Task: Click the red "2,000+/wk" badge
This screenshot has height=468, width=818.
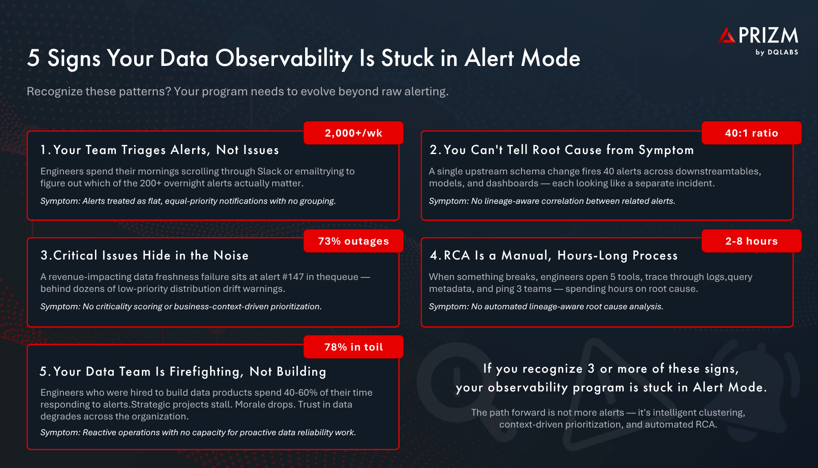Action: pos(353,133)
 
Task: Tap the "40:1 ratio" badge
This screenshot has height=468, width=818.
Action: pos(751,133)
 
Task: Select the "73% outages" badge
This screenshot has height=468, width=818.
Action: pos(353,241)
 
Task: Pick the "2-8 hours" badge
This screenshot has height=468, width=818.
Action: pos(751,241)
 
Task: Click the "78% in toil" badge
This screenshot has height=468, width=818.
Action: pos(353,347)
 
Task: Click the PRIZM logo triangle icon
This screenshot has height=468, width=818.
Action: pos(727,36)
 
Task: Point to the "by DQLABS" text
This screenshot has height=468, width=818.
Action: pos(777,52)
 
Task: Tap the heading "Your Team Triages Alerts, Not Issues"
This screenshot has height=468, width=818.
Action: pos(166,150)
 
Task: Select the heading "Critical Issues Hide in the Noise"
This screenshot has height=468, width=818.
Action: pos(150,256)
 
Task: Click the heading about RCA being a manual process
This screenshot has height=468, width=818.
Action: pos(560,256)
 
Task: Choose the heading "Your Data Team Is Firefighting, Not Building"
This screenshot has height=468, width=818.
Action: pos(189,372)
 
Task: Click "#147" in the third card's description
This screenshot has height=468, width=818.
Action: pos(293,277)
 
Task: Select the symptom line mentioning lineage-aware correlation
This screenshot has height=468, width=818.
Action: pos(552,201)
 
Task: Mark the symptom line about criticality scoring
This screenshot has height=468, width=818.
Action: pos(181,307)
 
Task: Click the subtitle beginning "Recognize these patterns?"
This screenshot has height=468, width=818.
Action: pos(237,91)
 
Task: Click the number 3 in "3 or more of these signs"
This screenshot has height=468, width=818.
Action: pos(591,368)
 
